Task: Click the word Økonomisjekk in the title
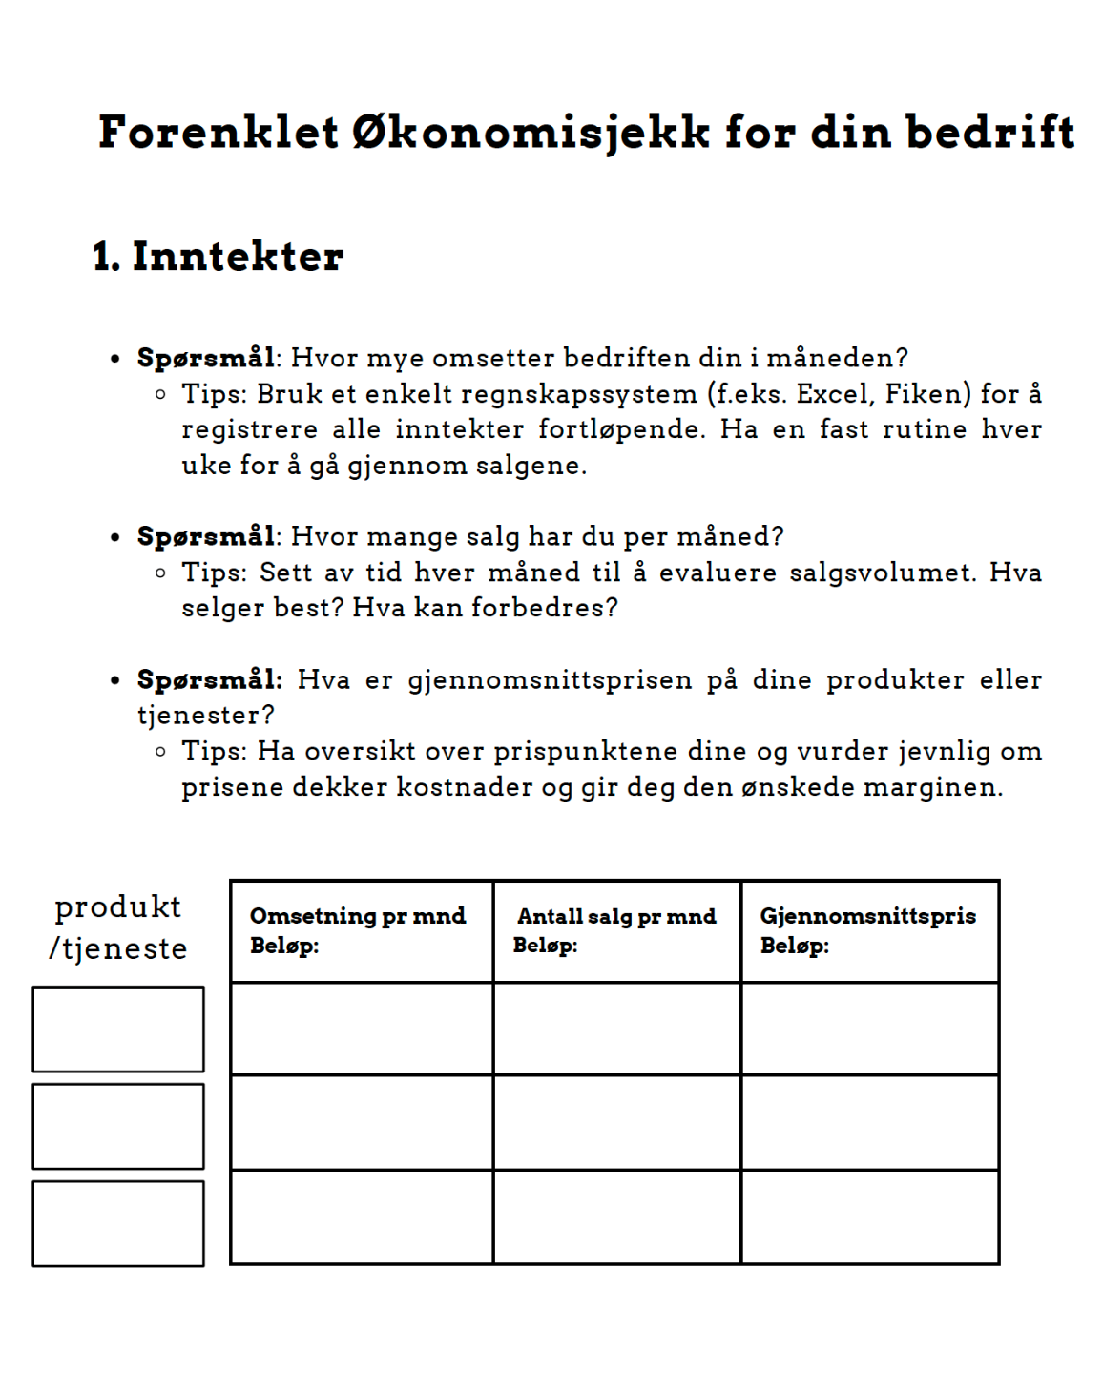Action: click(531, 133)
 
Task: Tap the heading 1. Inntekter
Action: click(219, 257)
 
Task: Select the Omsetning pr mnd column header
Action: click(358, 916)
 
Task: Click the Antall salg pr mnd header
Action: click(616, 916)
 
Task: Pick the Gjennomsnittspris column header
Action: click(867, 916)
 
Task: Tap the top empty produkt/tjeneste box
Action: click(118, 1030)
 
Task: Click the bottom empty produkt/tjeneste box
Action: click(118, 1223)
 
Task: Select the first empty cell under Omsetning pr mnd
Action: click(362, 1029)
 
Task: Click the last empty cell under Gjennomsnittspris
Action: click(870, 1218)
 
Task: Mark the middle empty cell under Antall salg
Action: click(616, 1122)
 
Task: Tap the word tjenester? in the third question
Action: click(206, 716)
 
